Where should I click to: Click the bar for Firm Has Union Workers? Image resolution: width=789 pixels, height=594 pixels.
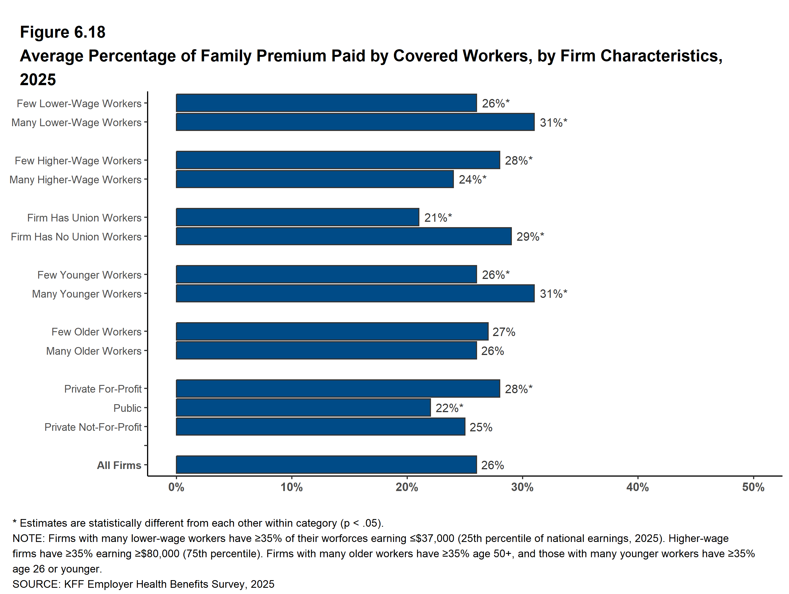click(298, 217)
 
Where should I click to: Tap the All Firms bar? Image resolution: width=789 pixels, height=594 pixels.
click(326, 465)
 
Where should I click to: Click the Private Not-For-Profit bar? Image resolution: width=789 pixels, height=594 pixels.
click(321, 427)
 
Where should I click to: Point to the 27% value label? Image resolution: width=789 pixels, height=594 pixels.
click(504, 332)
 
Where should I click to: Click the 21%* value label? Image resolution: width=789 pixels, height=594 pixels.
click(438, 217)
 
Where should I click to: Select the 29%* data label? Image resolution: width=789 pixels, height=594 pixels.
click(531, 236)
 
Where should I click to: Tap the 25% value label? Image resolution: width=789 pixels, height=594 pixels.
click(481, 427)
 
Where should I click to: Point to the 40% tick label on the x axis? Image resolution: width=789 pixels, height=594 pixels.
click(638, 487)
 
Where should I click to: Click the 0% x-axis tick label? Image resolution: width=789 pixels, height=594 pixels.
click(176, 487)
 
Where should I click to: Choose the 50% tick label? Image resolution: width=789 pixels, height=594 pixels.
click(753, 487)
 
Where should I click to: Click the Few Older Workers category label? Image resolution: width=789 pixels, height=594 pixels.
click(96, 332)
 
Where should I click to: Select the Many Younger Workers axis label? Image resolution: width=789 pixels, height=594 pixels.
click(87, 294)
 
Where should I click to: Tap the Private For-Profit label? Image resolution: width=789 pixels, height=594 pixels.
click(103, 389)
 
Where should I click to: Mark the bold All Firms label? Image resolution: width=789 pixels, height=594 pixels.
click(119, 465)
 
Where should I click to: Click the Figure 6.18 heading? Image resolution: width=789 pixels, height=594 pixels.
click(63, 32)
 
